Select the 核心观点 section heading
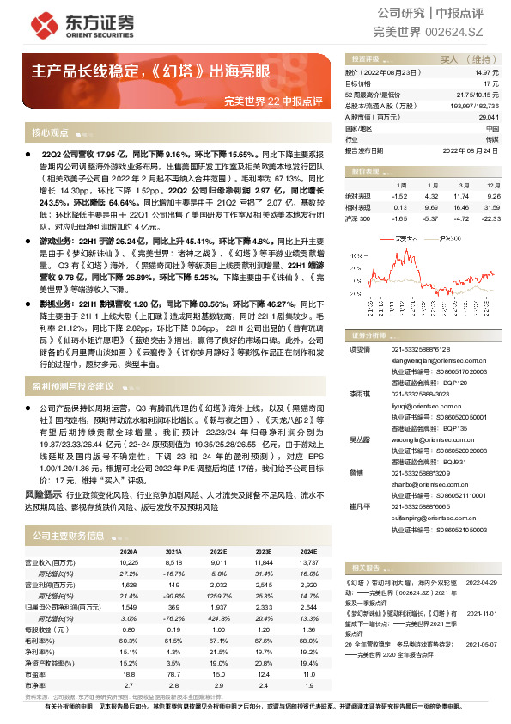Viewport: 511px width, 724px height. click(50, 133)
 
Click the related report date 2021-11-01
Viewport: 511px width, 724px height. click(481, 613)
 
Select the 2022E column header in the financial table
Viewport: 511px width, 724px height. click(219, 551)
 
